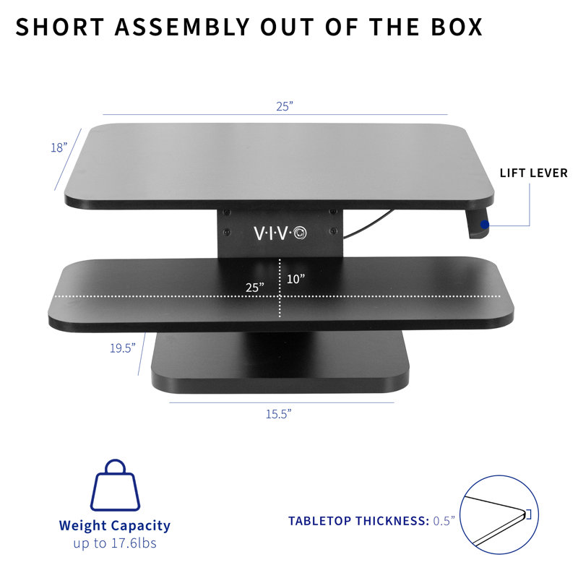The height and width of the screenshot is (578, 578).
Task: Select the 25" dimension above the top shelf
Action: (x=284, y=105)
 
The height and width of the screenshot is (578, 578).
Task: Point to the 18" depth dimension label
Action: (x=59, y=147)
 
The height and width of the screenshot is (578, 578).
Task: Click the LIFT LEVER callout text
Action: (x=533, y=173)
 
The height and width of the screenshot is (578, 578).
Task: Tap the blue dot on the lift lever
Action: (x=485, y=225)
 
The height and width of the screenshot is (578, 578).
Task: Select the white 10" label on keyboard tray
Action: (x=295, y=278)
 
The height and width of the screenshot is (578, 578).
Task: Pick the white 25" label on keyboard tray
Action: (x=254, y=287)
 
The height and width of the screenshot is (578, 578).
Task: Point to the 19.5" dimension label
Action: (x=123, y=348)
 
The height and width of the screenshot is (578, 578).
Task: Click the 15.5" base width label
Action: (x=278, y=414)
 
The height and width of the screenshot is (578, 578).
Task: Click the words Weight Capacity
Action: (x=114, y=526)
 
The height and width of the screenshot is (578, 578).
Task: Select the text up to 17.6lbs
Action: (x=114, y=543)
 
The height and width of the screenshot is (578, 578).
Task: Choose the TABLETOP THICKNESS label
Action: (x=358, y=521)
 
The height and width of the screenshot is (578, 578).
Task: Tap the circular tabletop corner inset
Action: (x=500, y=514)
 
